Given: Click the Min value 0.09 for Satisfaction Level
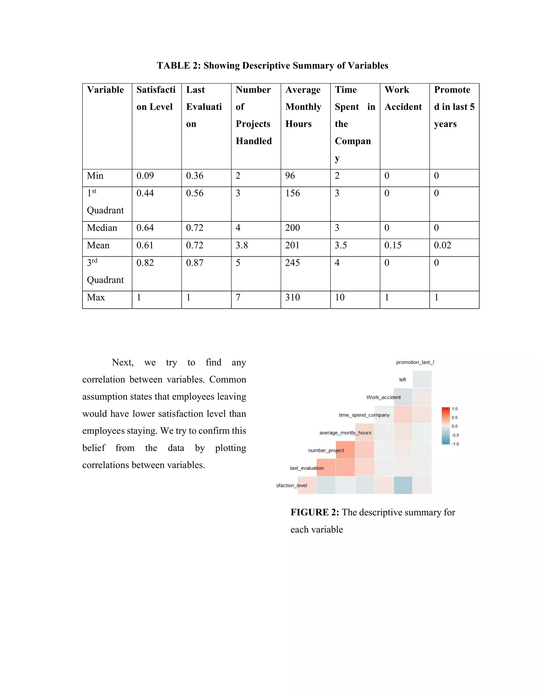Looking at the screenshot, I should [x=145, y=176].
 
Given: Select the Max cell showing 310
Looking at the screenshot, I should [x=293, y=298].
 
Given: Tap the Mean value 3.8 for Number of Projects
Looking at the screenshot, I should [x=242, y=245].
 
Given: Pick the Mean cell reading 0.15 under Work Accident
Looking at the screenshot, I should [x=393, y=245].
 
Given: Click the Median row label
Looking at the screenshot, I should [x=102, y=228].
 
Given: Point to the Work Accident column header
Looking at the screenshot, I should [x=403, y=98].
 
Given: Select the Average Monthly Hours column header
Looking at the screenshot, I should [x=303, y=107].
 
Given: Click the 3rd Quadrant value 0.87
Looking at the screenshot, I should [x=194, y=263].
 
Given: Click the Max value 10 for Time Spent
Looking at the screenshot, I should [x=339, y=298].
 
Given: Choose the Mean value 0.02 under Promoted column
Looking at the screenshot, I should [x=442, y=245].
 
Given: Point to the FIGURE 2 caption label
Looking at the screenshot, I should [x=314, y=512].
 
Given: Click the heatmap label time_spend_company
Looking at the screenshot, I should [x=364, y=415].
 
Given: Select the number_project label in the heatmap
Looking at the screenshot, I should [x=326, y=450].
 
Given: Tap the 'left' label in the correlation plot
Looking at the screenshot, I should [x=402, y=380].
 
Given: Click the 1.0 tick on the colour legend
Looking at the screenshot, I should [x=454, y=409].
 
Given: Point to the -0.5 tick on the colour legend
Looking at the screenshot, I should [x=455, y=435].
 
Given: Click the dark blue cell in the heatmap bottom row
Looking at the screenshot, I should [x=403, y=485].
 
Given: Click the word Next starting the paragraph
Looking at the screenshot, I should [x=122, y=363].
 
